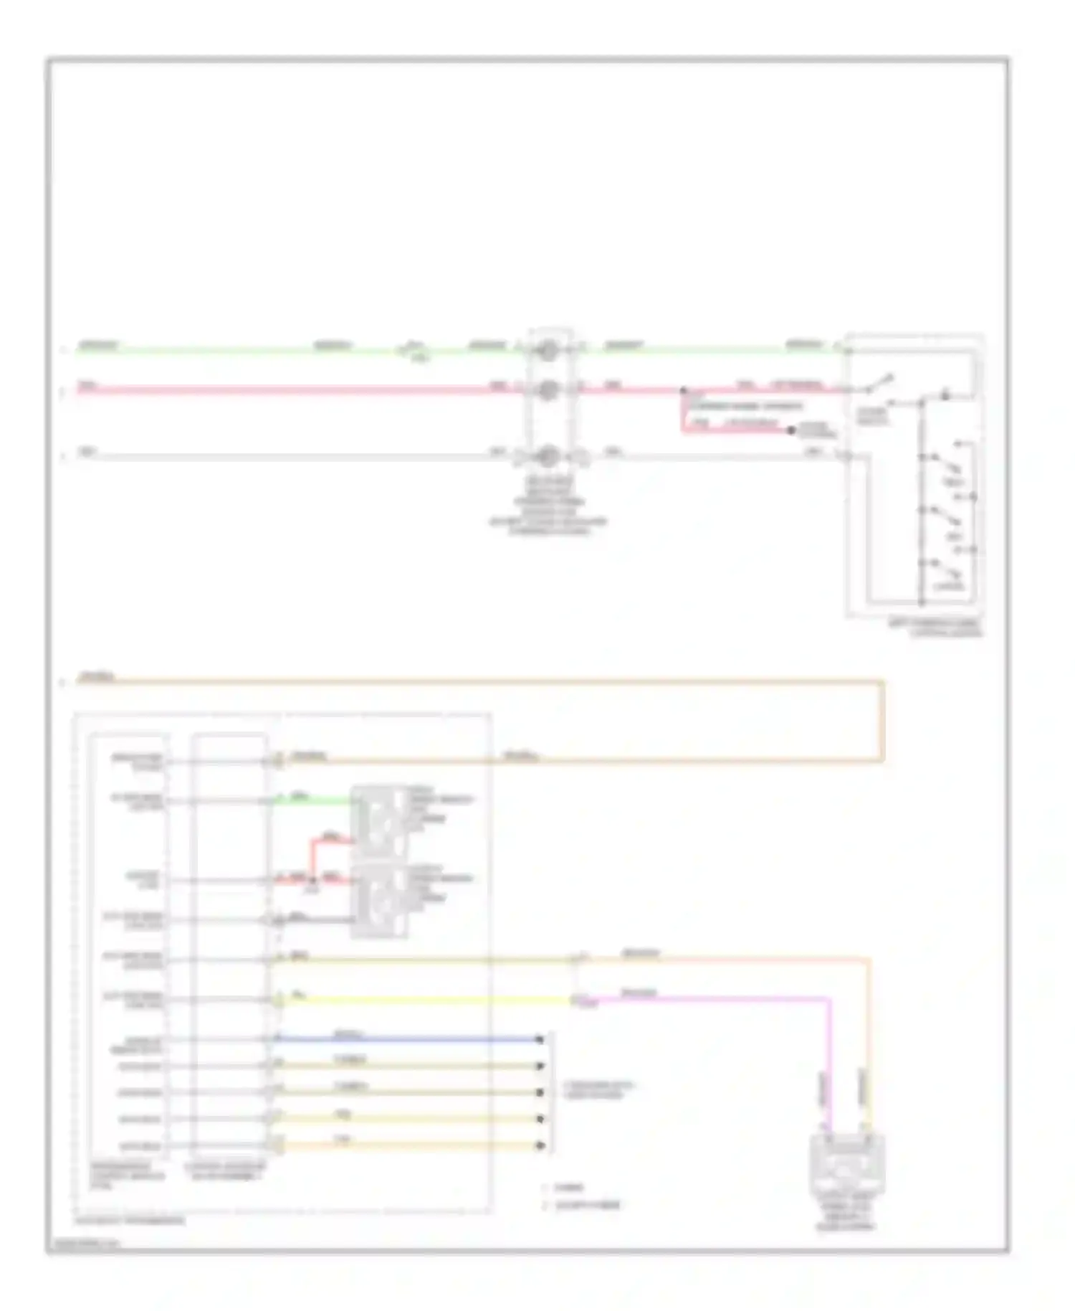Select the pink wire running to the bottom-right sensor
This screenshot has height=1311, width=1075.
pyautogui.click(x=717, y=998)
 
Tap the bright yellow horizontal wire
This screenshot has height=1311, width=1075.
pyautogui.click(x=430, y=1000)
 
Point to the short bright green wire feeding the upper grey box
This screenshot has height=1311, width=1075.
pyautogui.click(x=315, y=800)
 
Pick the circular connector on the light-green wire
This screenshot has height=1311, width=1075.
pyautogui.click(x=548, y=351)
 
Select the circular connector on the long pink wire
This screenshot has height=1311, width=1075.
pyautogui.click(x=548, y=389)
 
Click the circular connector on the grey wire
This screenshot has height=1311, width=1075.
pyautogui.click(x=548, y=456)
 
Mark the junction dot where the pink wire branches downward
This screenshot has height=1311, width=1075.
pyautogui.click(x=683, y=391)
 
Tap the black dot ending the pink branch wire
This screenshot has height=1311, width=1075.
pyautogui.click(x=791, y=430)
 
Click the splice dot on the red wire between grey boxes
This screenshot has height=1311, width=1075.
pyautogui.click(x=313, y=879)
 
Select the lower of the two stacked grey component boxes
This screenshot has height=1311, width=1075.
pyautogui.click(x=378, y=901)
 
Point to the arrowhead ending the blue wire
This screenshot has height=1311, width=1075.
pyautogui.click(x=540, y=1039)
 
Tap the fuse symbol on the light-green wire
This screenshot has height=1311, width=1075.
pyautogui.click(x=414, y=351)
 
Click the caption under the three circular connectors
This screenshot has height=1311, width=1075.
pyautogui.click(x=548, y=506)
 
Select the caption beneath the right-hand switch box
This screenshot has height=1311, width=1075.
pyautogui.click(x=935, y=628)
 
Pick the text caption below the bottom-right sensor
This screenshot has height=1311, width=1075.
pyautogui.click(x=846, y=1213)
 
